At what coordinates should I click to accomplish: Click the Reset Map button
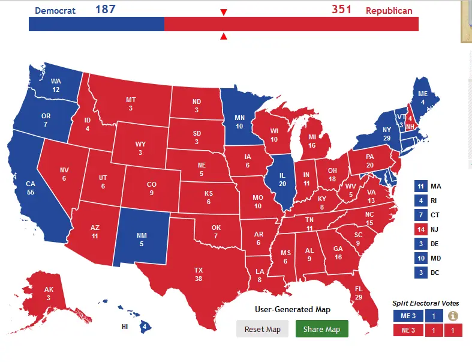click(262, 329)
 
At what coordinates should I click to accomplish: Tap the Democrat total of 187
click(105, 10)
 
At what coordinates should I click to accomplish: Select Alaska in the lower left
click(49, 294)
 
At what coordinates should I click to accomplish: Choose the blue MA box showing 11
click(420, 187)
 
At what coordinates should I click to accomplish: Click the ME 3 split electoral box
click(408, 316)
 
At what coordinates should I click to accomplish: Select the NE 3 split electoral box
click(408, 330)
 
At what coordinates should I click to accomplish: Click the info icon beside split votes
click(453, 316)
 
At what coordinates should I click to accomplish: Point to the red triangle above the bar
click(224, 13)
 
